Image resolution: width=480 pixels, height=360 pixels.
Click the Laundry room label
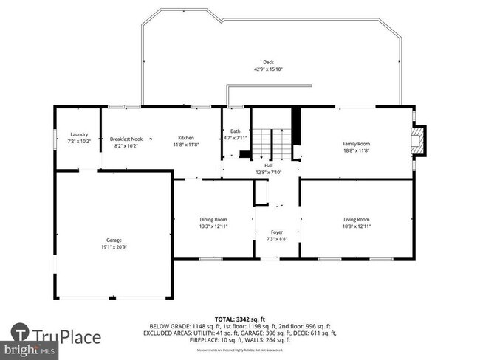(x=79, y=134)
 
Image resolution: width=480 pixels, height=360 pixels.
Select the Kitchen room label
(x=185, y=138)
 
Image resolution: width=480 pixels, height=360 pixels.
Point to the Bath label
(x=236, y=131)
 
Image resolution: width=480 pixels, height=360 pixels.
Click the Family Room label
(x=356, y=143)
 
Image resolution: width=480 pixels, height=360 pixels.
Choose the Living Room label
(x=356, y=219)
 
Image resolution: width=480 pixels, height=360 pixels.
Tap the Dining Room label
(x=213, y=219)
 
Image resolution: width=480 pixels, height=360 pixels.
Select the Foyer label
(x=277, y=232)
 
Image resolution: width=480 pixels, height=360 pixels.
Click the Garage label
(x=114, y=240)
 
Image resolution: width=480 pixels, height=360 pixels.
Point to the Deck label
(x=269, y=62)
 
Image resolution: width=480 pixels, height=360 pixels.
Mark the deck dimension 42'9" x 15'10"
(x=269, y=69)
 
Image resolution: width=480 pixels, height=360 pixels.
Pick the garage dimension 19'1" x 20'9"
(x=114, y=247)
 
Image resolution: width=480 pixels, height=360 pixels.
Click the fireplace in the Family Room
(x=419, y=142)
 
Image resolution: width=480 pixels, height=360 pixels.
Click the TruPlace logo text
(x=68, y=337)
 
